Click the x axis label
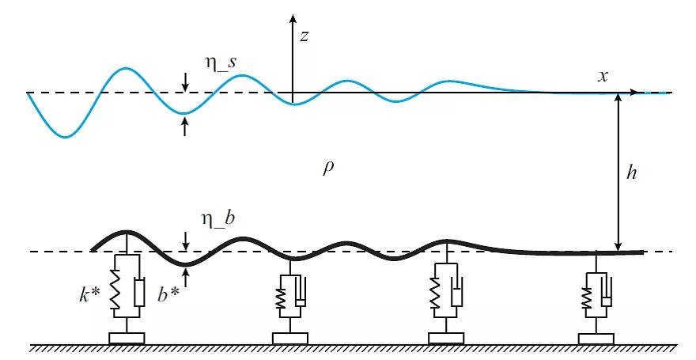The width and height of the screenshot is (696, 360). (x=603, y=76)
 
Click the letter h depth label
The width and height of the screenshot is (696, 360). (x=631, y=173)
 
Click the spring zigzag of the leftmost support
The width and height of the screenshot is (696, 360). (x=114, y=294)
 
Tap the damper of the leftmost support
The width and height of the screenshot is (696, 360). (x=139, y=292)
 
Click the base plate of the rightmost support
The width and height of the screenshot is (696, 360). (x=596, y=339)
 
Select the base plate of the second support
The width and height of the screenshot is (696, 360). (x=289, y=339)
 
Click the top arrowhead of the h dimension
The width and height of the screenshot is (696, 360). (x=618, y=98)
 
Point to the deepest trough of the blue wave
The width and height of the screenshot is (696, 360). (x=66, y=137)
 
